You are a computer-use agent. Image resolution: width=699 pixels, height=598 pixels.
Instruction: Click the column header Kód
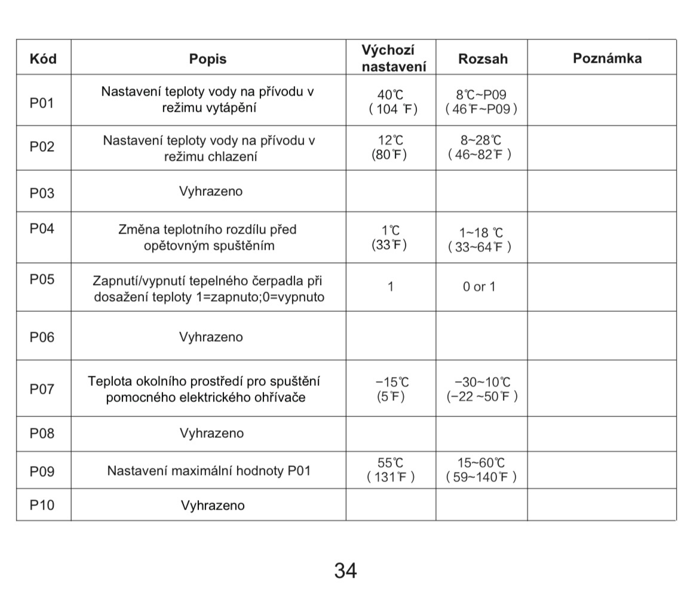click(x=43, y=59)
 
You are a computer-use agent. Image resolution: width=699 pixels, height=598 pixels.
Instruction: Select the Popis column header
click(x=208, y=59)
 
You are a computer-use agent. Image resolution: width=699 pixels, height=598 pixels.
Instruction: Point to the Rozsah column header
click(x=483, y=59)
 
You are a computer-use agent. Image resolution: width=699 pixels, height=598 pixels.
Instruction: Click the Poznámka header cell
click(x=607, y=58)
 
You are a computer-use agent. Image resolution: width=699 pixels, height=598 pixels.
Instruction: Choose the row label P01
click(x=42, y=103)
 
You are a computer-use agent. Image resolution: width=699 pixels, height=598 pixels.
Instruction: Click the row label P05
click(x=42, y=280)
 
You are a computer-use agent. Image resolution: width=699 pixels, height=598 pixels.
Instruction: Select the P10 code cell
click(x=42, y=505)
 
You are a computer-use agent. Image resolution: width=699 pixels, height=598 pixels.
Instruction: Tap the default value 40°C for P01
click(x=391, y=95)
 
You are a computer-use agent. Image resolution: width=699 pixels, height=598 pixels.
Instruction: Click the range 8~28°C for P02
click(x=481, y=140)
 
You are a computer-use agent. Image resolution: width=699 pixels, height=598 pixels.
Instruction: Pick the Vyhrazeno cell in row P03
click(x=211, y=192)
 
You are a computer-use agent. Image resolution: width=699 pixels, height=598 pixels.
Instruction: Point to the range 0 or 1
click(x=479, y=287)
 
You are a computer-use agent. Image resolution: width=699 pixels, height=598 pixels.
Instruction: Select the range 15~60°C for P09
click(x=481, y=463)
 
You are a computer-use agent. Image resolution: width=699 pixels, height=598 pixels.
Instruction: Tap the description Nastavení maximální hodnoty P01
click(x=209, y=471)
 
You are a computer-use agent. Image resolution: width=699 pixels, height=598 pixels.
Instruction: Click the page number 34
click(x=345, y=571)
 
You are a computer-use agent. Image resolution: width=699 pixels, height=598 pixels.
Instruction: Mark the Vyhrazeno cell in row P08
click(x=211, y=434)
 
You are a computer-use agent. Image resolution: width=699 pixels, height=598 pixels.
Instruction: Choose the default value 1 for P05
click(x=391, y=287)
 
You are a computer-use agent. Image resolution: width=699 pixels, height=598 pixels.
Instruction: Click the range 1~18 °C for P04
click(x=481, y=233)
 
